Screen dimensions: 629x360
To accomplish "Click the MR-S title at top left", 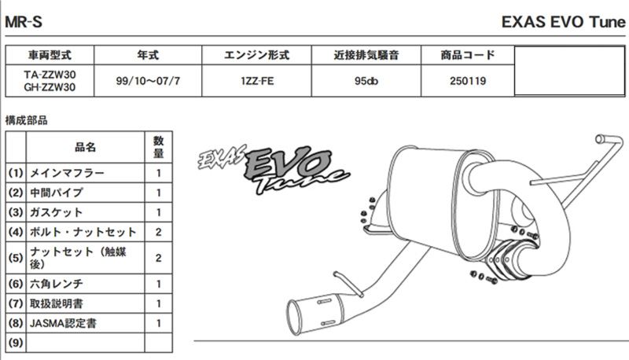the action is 24,22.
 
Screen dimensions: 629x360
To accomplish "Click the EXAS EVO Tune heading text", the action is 563,22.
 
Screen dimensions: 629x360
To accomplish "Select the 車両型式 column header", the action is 50,55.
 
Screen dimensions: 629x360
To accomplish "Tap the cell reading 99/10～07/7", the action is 148,81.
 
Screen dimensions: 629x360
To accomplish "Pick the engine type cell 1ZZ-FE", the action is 257,81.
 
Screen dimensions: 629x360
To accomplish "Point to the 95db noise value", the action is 366,81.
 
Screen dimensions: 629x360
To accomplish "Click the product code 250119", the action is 468,81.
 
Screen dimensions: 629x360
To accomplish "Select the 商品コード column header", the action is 468,55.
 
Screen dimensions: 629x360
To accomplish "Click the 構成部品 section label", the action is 26,119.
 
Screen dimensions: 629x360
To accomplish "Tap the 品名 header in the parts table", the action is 85,147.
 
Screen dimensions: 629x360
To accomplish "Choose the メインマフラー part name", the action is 67,173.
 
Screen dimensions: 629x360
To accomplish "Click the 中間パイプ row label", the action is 56,193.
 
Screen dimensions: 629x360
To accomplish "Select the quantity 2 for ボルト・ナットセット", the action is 159,232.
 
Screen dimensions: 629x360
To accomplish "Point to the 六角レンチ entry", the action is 56,284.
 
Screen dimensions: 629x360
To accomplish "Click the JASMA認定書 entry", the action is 63,323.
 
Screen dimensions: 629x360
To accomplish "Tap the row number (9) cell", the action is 16,343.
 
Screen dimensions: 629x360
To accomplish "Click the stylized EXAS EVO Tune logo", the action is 274,168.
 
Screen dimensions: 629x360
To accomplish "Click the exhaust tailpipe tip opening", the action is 297,318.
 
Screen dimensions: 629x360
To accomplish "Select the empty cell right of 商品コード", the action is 569,71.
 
